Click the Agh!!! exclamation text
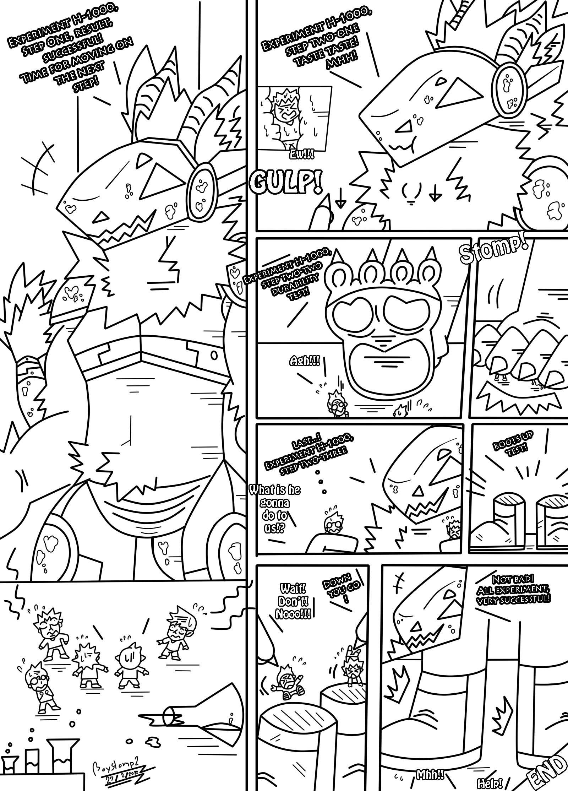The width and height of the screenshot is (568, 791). pyautogui.click(x=304, y=362)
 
